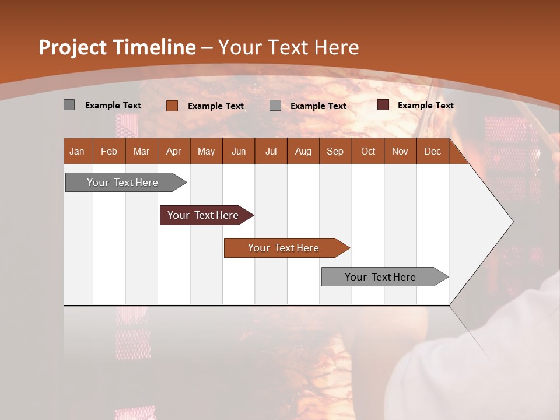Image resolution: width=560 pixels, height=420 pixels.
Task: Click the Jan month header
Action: (77, 151)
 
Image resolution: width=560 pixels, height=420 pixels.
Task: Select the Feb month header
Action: (109, 151)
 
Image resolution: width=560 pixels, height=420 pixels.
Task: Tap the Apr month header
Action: (173, 151)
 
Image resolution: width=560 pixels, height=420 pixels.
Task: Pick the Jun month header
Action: (239, 151)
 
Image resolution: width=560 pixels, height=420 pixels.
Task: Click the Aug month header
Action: (303, 151)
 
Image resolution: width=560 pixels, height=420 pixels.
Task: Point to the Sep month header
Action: (335, 151)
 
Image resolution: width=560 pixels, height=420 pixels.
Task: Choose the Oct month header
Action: (368, 151)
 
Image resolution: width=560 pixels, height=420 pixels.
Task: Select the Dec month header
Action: (432, 151)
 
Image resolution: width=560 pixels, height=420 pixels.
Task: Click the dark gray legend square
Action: (69, 105)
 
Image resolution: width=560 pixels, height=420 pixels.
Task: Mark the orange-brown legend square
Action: (172, 106)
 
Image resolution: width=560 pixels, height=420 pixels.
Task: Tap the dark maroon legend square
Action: (383, 105)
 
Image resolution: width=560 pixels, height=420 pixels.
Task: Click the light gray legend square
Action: (275, 106)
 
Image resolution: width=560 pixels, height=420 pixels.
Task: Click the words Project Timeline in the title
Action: (117, 47)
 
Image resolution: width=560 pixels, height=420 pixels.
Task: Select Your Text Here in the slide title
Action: (289, 47)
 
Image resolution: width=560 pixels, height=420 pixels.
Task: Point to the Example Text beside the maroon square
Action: (425, 106)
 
